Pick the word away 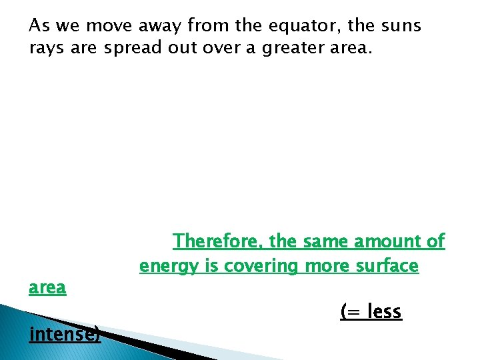(158, 27)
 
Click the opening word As (39, 27)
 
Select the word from (207, 27)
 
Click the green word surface (387, 267)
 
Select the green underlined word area (47, 289)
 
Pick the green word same (326, 241)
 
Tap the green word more (327, 267)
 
